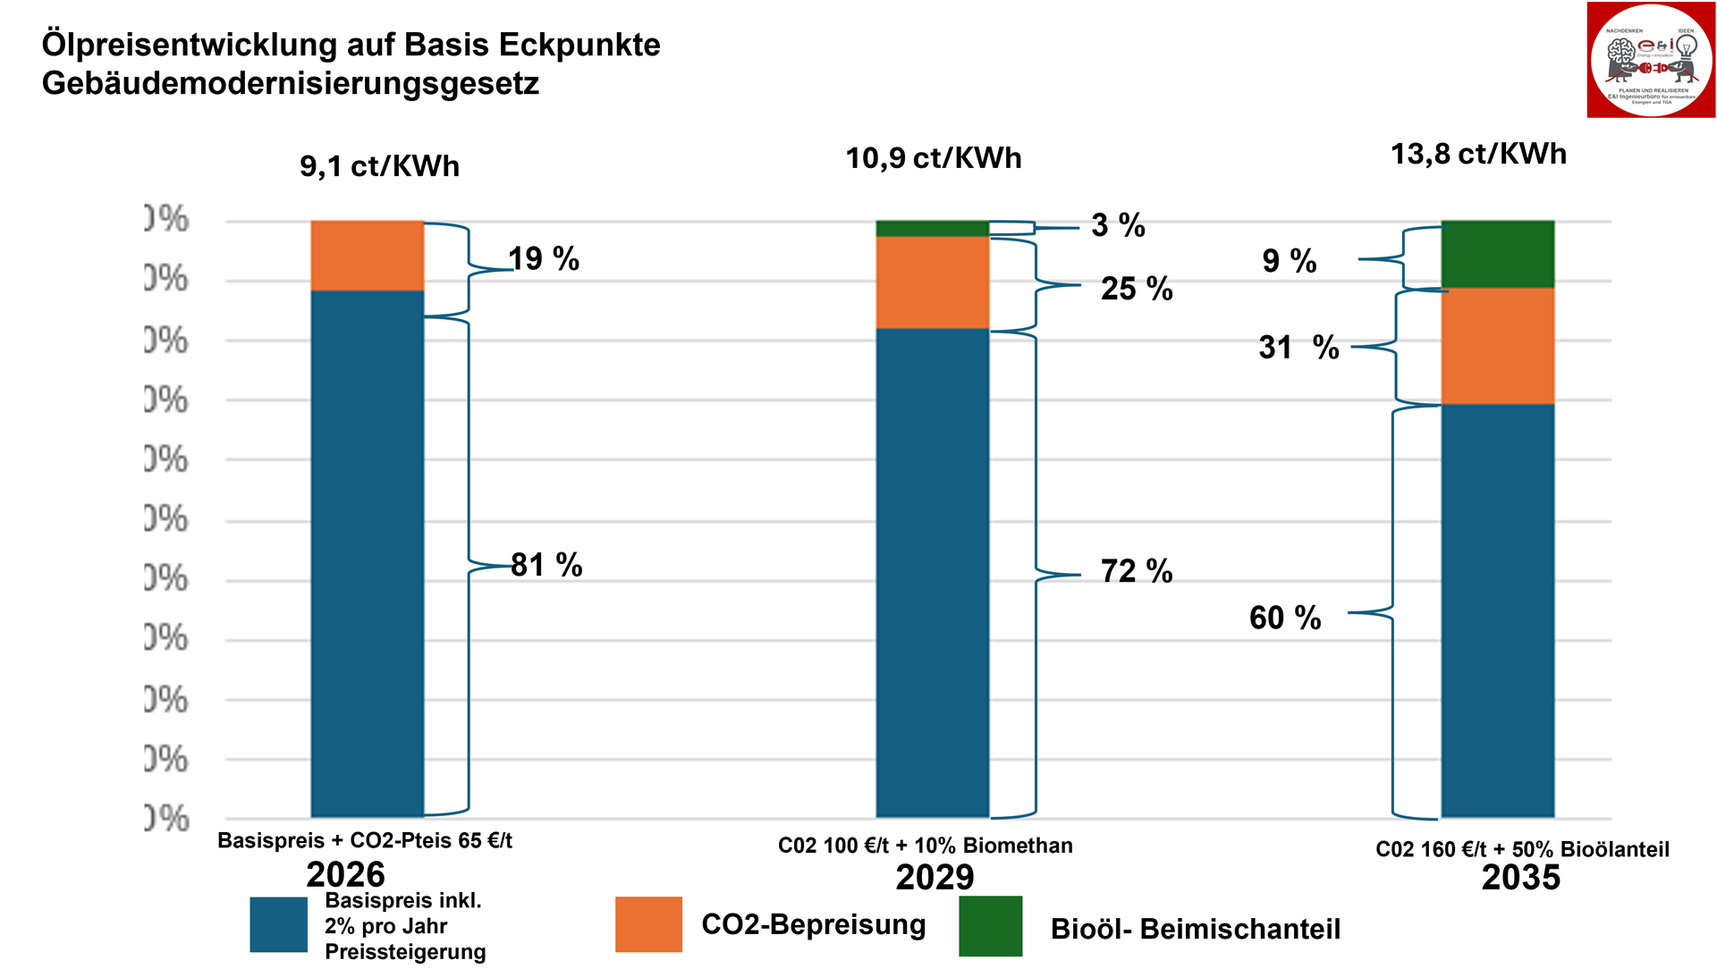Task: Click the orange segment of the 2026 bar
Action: (x=367, y=256)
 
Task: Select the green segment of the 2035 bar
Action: (x=1497, y=254)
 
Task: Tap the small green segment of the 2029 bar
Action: (x=932, y=229)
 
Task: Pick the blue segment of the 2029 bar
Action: (x=932, y=572)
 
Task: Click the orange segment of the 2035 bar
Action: (x=1497, y=346)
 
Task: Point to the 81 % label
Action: (x=546, y=565)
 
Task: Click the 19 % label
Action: (x=544, y=259)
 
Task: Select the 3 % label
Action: (x=1118, y=225)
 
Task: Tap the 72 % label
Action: (x=1137, y=571)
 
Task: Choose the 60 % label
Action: (x=1285, y=618)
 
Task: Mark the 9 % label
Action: (x=1290, y=261)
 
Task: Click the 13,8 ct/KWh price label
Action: (x=1478, y=154)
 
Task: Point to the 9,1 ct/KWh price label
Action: (x=379, y=166)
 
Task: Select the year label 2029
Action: (x=935, y=878)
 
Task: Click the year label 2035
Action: (x=1520, y=878)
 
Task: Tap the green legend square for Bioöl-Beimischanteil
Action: (x=990, y=926)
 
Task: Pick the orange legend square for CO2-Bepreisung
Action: (x=648, y=924)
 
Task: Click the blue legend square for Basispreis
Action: (x=278, y=924)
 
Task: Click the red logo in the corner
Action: (x=1651, y=60)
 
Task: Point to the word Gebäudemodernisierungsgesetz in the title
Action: (x=291, y=84)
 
